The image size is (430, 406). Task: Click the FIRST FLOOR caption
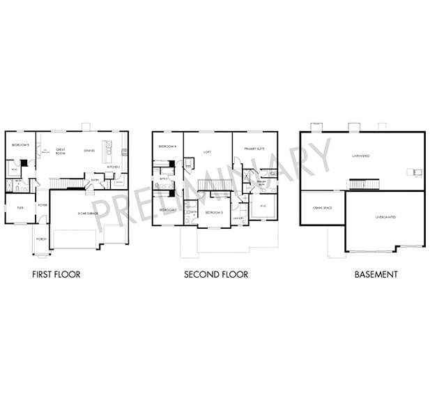coord(56,274)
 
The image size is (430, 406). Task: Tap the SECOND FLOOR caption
coord(215,274)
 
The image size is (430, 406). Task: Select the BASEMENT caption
coord(376,274)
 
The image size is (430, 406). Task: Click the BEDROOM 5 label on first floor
coord(20,145)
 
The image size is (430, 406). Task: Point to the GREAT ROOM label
coord(61,150)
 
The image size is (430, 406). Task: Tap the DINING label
coord(89,150)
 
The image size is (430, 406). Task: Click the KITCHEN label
coord(113,167)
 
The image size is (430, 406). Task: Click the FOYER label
coord(42,204)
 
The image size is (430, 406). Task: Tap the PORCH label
coord(40,238)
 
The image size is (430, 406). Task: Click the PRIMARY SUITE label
coord(254,149)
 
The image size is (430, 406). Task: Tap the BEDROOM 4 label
coord(167,146)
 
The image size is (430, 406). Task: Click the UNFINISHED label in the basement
coord(361,156)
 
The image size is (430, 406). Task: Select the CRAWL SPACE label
coord(321,208)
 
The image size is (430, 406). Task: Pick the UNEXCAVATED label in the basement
coord(385,217)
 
